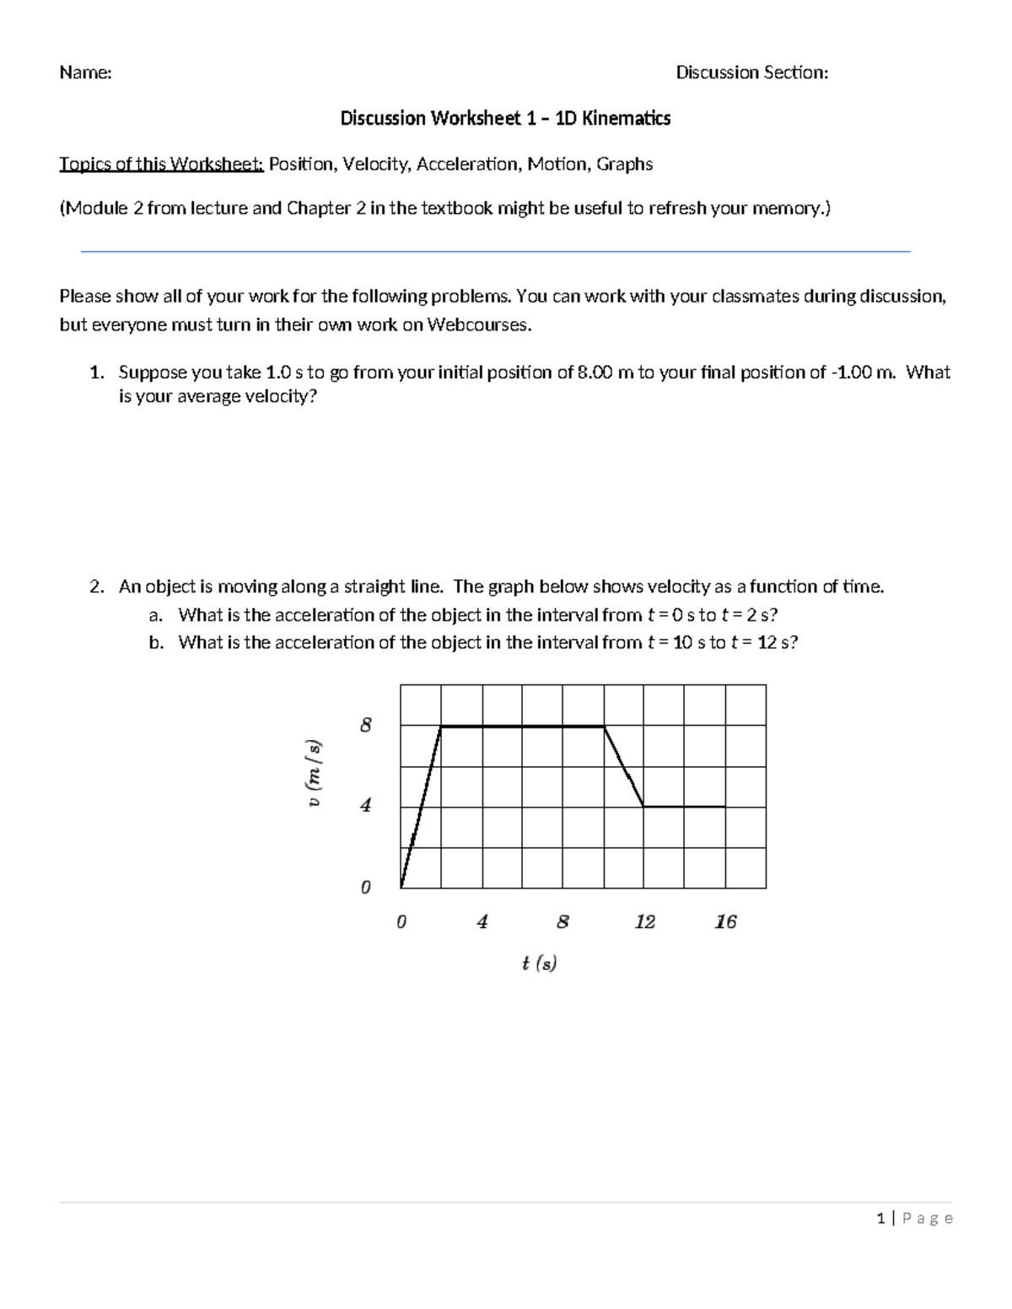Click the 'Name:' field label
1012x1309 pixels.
(x=85, y=73)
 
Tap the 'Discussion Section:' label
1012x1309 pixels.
(x=751, y=73)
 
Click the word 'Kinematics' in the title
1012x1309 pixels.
(x=625, y=118)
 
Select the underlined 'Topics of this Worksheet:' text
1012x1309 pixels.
(x=161, y=164)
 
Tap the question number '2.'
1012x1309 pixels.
(x=97, y=587)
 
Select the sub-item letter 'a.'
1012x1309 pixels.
(x=156, y=614)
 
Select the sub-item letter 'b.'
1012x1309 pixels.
(x=156, y=642)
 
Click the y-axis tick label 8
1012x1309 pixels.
(x=365, y=725)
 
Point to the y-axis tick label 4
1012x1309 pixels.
(x=365, y=806)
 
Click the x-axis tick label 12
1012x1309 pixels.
(x=644, y=922)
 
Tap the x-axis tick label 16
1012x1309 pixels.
(x=725, y=922)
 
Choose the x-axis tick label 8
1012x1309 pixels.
(x=563, y=922)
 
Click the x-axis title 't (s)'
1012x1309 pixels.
(x=539, y=963)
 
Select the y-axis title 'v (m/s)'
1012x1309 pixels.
(x=315, y=774)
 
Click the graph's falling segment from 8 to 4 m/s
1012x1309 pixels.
(x=624, y=766)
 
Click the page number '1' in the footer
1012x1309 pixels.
(x=880, y=1218)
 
